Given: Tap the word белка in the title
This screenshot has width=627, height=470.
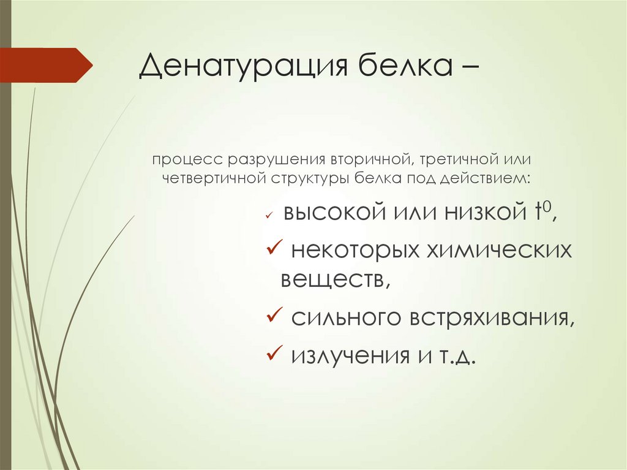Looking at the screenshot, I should click(x=399, y=66).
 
